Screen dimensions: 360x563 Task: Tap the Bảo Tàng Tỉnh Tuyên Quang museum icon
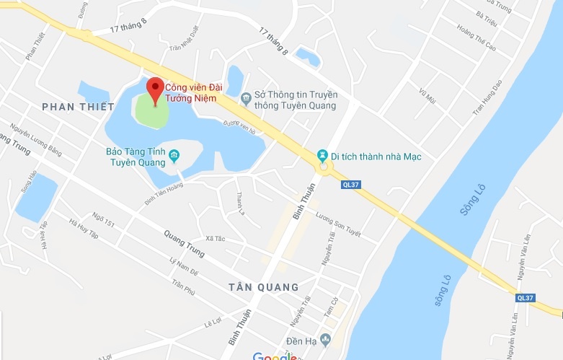pos(174,156)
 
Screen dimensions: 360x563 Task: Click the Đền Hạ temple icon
pos(326,339)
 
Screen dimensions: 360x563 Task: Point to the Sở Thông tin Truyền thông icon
pos(246,97)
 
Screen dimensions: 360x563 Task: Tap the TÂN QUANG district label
pos(263,287)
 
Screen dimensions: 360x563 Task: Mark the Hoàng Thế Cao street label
pos(473,38)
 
